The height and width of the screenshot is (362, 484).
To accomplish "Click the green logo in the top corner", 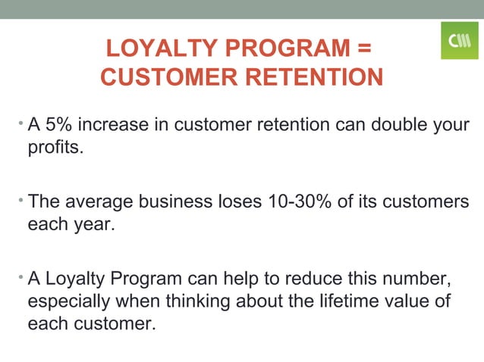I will tap(460, 40).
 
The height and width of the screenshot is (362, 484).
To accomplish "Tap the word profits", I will tap(54, 146).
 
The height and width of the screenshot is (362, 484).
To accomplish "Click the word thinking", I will tap(211, 302).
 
